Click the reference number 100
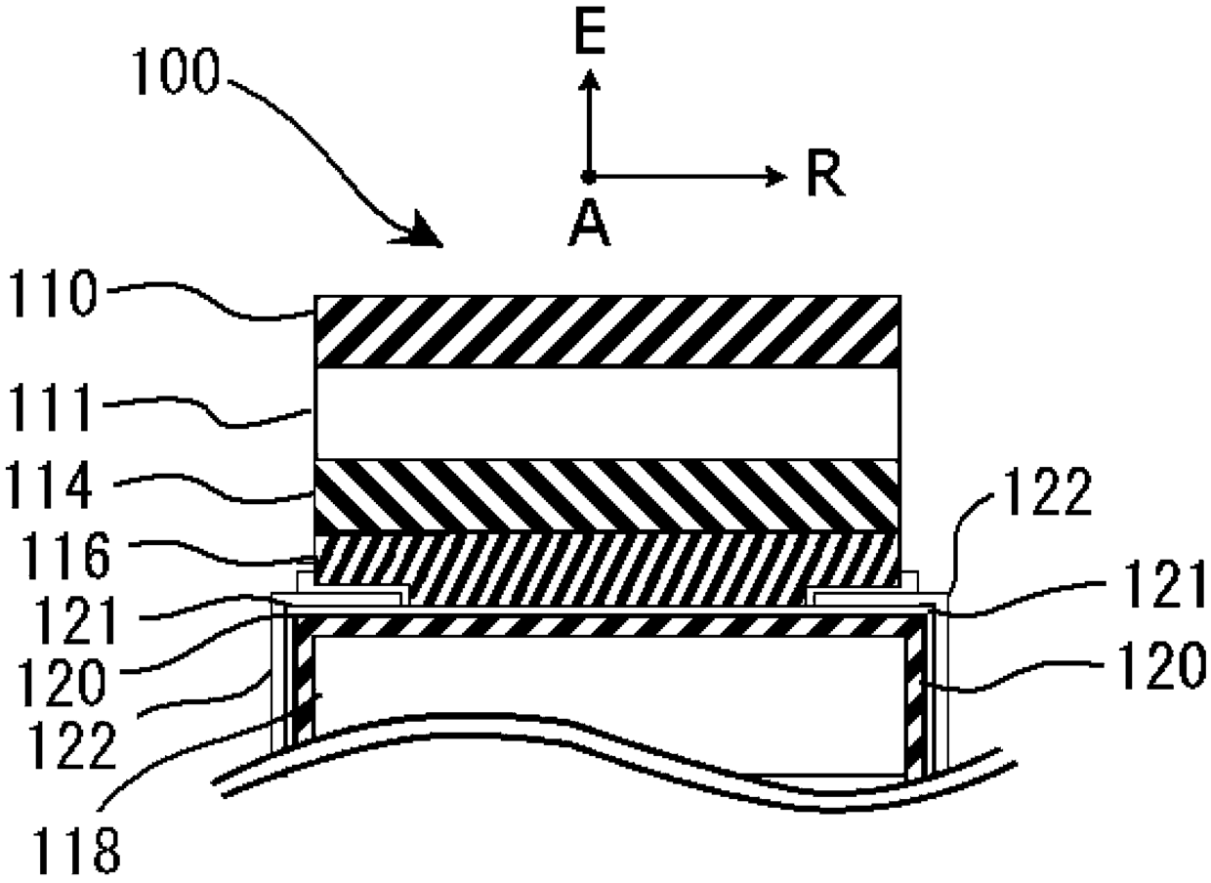(176, 71)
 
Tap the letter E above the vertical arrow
(590, 33)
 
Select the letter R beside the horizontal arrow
(825, 174)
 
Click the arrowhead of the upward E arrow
(589, 80)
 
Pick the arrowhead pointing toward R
(776, 176)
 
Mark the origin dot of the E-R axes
(588, 176)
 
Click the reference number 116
(65, 555)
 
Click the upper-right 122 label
(1047, 492)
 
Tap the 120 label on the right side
(1162, 666)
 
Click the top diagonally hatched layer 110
(607, 331)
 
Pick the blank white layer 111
(607, 413)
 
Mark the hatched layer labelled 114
(607, 496)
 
